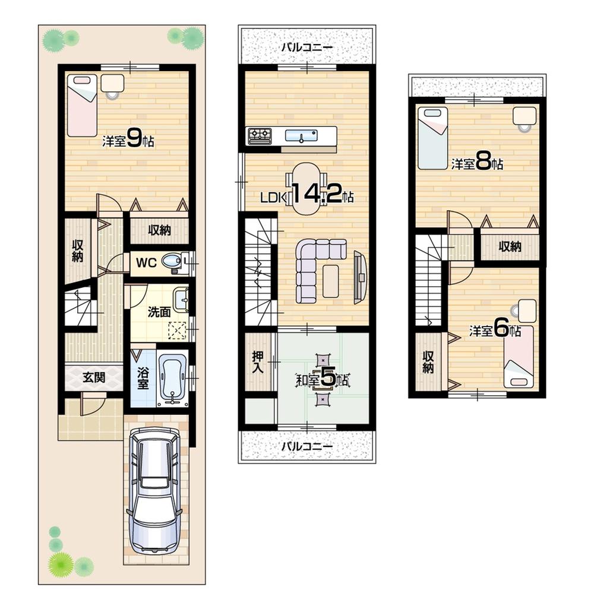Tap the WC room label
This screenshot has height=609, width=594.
click(x=146, y=262)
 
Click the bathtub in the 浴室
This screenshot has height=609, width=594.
click(x=173, y=378)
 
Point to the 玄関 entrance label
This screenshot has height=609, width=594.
click(x=94, y=377)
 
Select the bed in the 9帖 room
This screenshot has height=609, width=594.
click(x=81, y=105)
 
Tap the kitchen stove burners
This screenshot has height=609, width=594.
click(x=260, y=135)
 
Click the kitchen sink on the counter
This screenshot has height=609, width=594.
click(x=301, y=135)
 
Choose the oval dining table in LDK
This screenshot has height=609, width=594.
click(x=307, y=189)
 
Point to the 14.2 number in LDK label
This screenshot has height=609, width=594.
click(x=315, y=195)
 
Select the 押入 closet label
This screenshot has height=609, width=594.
click(x=258, y=361)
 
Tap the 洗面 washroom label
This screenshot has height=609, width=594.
click(x=159, y=311)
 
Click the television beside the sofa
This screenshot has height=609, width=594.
click(x=360, y=277)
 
